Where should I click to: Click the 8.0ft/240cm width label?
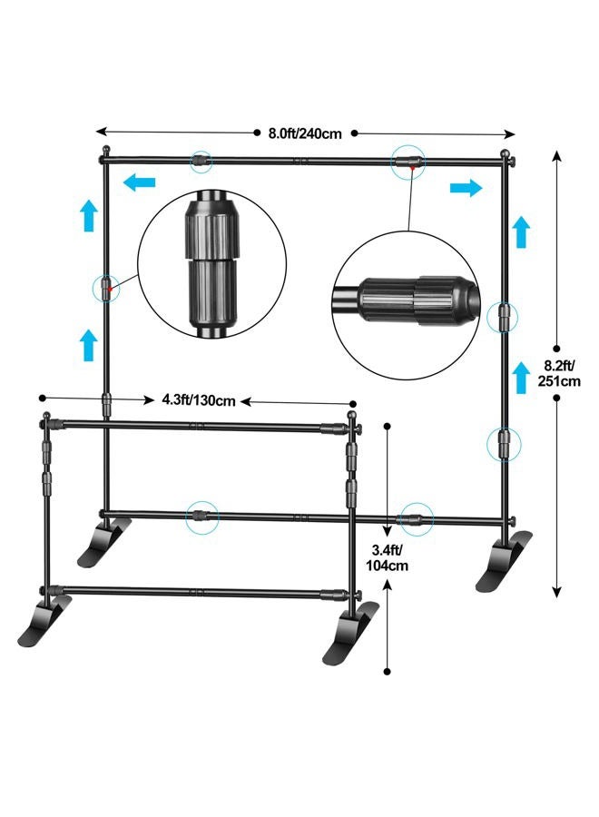pos(304,133)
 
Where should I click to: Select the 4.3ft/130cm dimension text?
pos(199,400)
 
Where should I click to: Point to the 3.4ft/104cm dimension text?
pos(385,556)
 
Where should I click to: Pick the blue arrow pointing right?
pos(466,188)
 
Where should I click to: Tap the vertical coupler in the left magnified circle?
pos(211,263)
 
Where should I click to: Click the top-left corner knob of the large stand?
pos(107,150)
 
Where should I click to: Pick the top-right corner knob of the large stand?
pos(509,153)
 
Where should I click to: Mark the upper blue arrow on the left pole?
pos(88,216)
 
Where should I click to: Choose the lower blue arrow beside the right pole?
pos(521,377)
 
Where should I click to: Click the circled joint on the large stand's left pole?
pos(106,288)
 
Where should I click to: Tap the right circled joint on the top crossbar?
pos(408,162)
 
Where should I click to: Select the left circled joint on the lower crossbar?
pos(201,517)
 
